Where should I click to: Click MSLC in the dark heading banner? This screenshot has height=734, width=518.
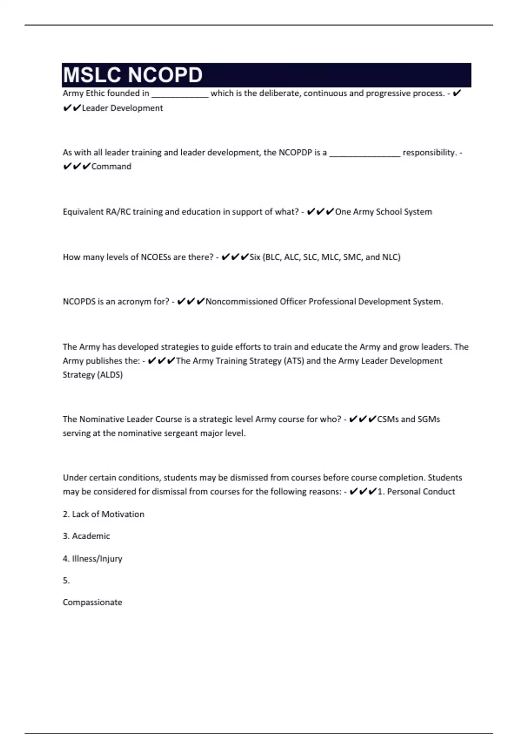[x=92, y=75]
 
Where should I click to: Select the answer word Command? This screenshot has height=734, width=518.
[x=111, y=167]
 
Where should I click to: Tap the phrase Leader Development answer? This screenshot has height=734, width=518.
[x=122, y=108]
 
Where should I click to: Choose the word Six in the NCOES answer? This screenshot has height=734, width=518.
[x=255, y=257]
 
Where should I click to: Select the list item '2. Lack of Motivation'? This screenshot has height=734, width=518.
[x=104, y=514]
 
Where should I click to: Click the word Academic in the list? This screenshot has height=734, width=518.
[x=91, y=536]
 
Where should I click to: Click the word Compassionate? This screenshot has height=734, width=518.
[x=92, y=602]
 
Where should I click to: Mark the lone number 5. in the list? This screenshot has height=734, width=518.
[x=66, y=581]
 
